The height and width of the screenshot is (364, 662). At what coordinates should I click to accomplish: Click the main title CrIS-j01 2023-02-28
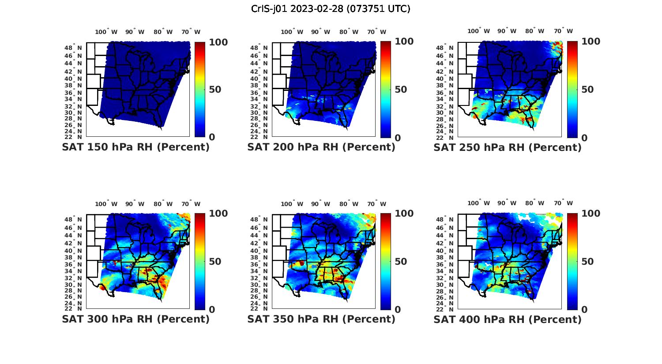[331, 8]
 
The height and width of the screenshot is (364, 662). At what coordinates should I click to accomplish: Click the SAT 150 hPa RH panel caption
[135, 147]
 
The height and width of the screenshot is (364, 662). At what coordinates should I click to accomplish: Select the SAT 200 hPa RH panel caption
[321, 147]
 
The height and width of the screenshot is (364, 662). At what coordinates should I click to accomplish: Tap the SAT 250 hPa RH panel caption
[508, 147]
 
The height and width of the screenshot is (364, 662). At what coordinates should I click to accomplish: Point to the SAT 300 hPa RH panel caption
[135, 319]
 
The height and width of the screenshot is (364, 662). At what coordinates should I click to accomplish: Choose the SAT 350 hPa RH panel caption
[321, 319]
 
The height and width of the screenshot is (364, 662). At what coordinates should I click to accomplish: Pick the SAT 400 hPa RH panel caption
[508, 319]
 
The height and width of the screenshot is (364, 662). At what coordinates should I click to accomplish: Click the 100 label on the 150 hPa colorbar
[218, 42]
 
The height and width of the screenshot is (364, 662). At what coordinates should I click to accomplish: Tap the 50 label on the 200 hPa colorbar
[401, 90]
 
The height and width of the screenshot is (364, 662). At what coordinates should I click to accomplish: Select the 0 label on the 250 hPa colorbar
[584, 138]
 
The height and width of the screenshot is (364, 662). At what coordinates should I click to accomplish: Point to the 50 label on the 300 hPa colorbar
[215, 261]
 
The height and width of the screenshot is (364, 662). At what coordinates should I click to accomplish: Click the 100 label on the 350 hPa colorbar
[404, 214]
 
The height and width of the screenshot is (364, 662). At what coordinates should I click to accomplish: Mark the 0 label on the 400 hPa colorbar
[584, 309]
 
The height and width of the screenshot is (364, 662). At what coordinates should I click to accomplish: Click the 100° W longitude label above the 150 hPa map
[106, 32]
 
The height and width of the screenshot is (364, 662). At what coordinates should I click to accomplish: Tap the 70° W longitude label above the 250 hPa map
[564, 31]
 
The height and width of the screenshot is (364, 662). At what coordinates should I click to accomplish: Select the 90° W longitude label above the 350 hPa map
[320, 204]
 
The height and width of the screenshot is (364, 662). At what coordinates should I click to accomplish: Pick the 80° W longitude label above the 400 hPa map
[534, 203]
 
